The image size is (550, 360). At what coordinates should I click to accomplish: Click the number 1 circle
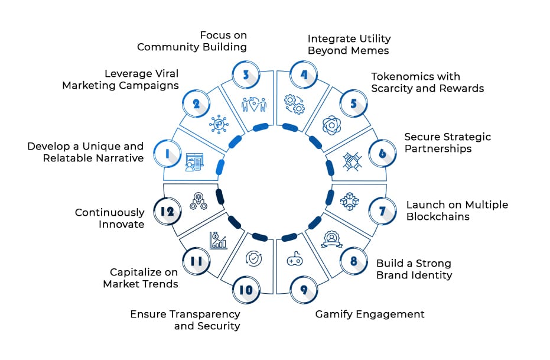[x=167, y=154]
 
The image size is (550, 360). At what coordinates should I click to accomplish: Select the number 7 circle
[x=382, y=210]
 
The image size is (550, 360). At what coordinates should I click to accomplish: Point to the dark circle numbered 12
[x=167, y=210]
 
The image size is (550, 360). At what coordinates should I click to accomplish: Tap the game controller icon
[x=295, y=260]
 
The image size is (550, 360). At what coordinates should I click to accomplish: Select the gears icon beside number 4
[x=294, y=104]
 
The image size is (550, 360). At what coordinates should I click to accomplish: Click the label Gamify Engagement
[x=370, y=314]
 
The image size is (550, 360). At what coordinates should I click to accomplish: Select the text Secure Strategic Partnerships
[x=447, y=142]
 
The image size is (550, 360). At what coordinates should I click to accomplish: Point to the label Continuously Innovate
[x=110, y=218]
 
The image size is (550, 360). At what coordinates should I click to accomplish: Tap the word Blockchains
[x=438, y=216]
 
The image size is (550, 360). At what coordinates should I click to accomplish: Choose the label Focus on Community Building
[x=192, y=41]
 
